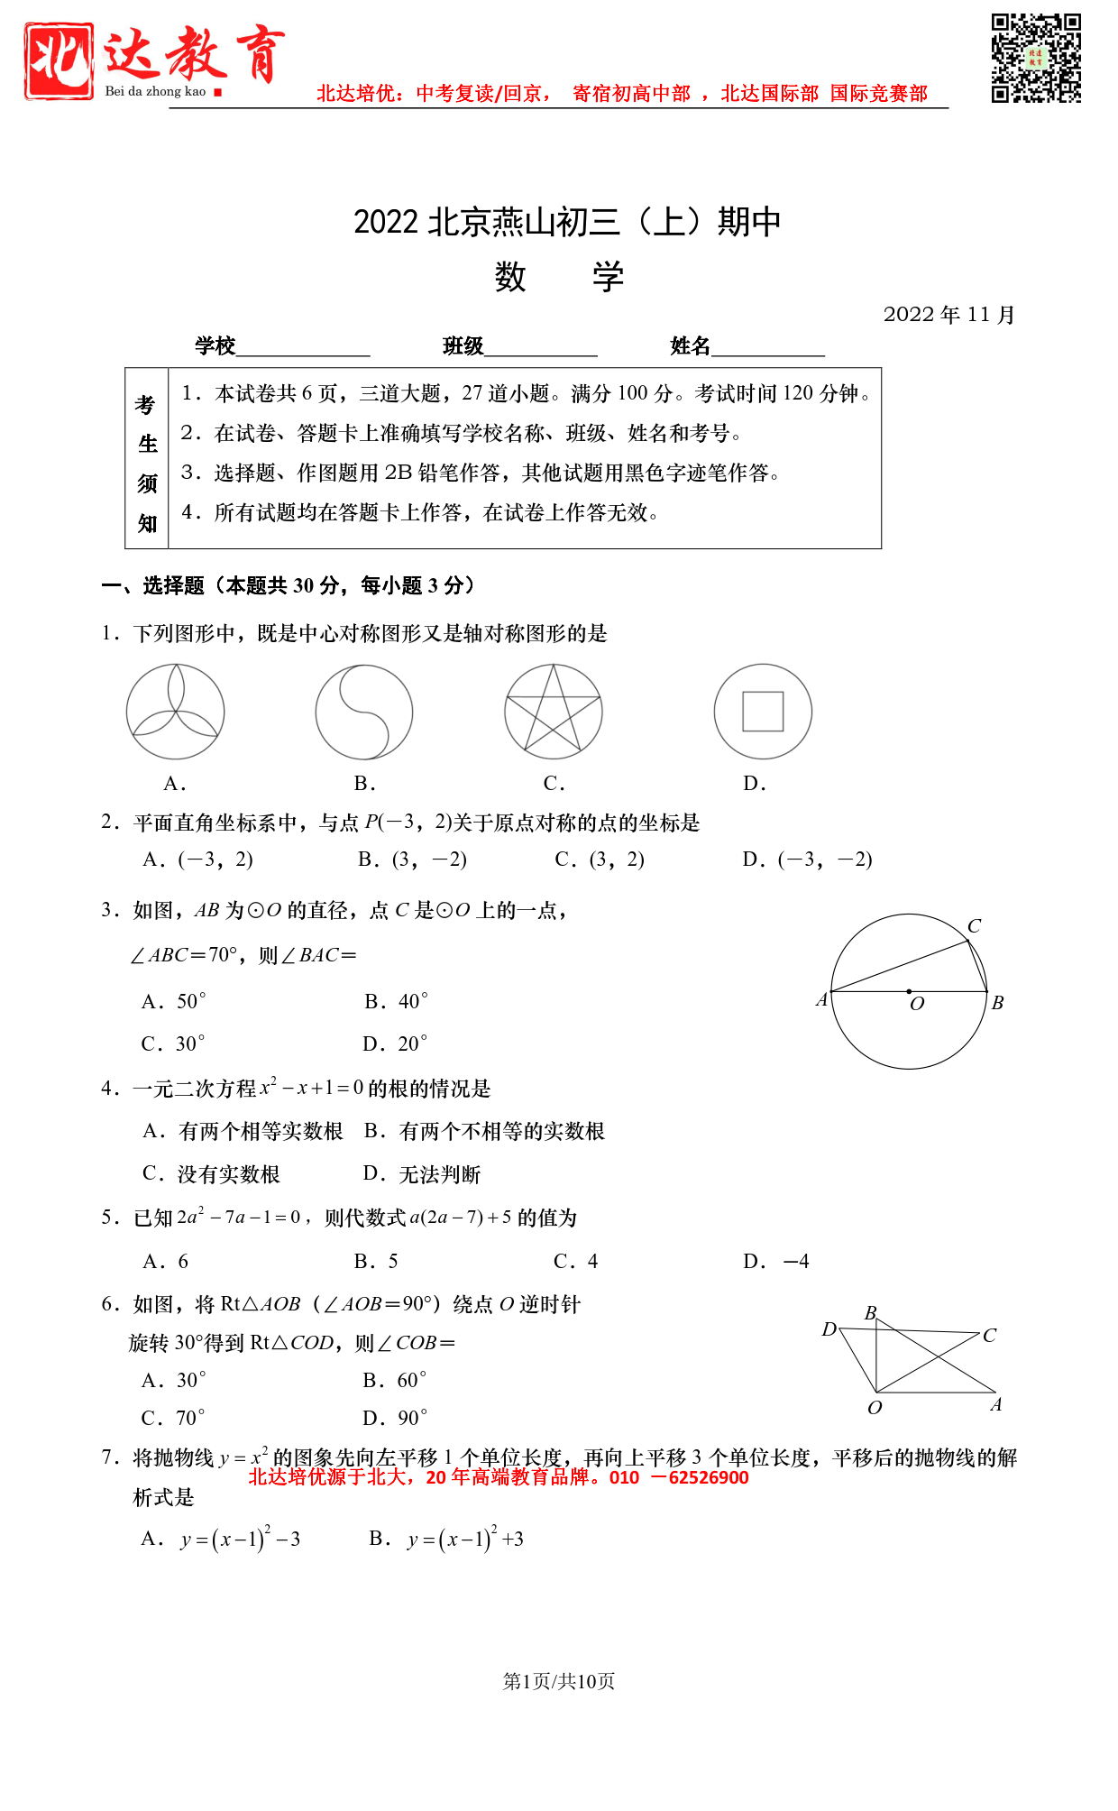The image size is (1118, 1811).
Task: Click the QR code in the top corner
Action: pyautogui.click(x=1036, y=59)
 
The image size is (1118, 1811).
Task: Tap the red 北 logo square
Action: pyautogui.click(x=60, y=61)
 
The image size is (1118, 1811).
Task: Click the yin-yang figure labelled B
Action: pyautogui.click(x=364, y=712)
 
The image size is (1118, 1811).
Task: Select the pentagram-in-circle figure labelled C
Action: pyautogui.click(x=554, y=712)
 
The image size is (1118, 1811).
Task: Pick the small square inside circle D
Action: pyautogui.click(x=763, y=712)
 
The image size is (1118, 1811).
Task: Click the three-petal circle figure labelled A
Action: pyautogui.click(x=175, y=712)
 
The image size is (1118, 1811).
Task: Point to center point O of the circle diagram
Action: pyautogui.click(x=909, y=991)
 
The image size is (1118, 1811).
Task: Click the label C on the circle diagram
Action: pyautogui.click(x=974, y=926)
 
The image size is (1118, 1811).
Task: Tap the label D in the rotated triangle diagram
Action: pyautogui.click(x=829, y=1329)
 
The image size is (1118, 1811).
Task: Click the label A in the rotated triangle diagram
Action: pyautogui.click(x=996, y=1405)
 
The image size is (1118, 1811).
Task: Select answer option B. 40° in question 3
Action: pyautogui.click(x=396, y=1001)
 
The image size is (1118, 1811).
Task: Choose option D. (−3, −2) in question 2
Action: pyautogui.click(x=807, y=860)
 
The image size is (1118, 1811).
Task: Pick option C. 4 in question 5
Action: pyautogui.click(x=576, y=1261)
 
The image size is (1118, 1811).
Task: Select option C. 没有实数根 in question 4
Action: pyautogui.click(x=212, y=1173)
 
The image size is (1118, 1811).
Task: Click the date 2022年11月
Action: pyautogui.click(x=948, y=315)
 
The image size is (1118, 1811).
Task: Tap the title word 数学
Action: pyautogui.click(x=559, y=277)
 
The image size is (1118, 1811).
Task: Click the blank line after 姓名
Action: pyautogui.click(x=768, y=348)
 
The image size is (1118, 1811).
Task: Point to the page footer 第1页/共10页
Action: pyautogui.click(x=559, y=1681)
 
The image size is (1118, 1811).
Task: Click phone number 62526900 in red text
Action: pyautogui.click(x=709, y=1477)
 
